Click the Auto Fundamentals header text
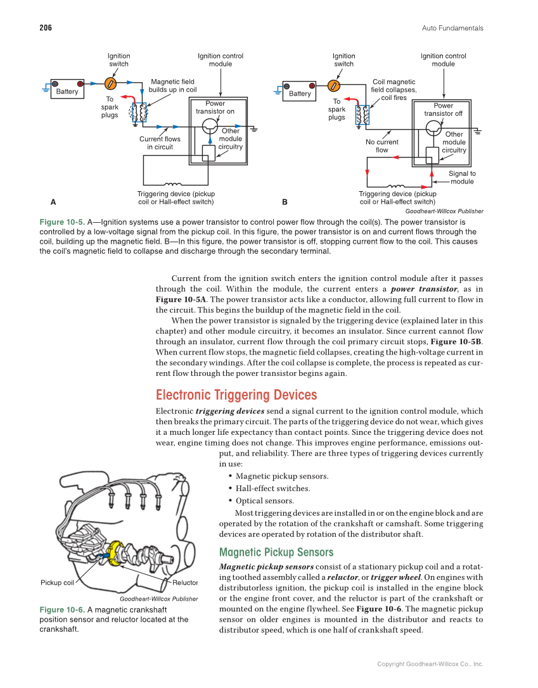(452, 28)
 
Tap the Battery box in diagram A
(67, 89)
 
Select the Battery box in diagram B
(300, 91)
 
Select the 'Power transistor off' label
(443, 109)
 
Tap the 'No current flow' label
(381, 146)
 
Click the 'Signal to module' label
(462, 177)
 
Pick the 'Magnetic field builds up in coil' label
(172, 85)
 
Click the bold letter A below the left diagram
(53, 202)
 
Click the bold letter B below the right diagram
(285, 202)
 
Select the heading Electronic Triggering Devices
(236, 396)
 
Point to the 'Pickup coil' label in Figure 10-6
(57, 582)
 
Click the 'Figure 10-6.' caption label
(61, 610)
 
